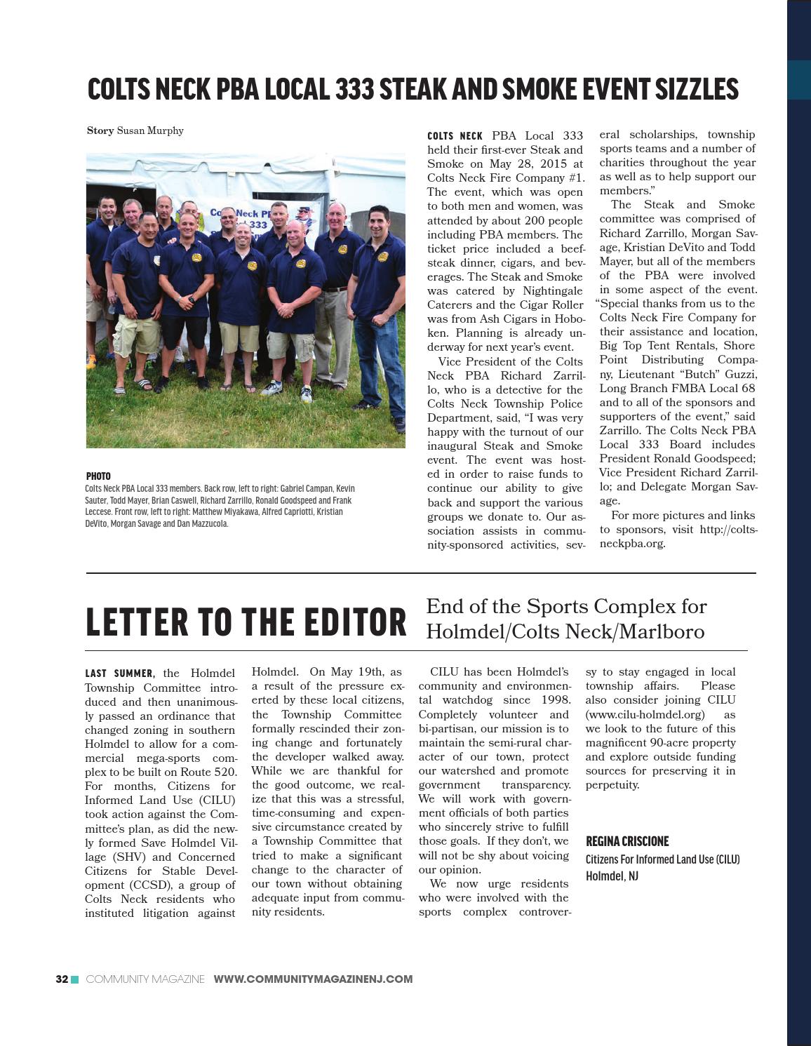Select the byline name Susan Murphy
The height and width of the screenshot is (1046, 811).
pos(150,130)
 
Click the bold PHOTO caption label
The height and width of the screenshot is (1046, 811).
pos(98,476)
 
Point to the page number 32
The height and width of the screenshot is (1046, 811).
pos(62,979)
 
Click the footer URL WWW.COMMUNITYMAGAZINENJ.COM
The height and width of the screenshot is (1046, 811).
pos(313,979)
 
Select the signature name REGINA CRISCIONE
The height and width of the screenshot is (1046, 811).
pos(627,841)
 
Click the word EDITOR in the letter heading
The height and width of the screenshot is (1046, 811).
pos(342,622)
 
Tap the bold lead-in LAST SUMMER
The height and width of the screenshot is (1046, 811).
pos(119,673)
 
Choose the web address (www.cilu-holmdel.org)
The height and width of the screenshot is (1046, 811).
pos(645,714)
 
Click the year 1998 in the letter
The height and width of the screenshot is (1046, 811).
pos(555,700)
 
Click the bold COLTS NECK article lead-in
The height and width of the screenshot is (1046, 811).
pos(455,136)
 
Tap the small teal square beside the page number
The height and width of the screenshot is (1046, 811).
pos(75,979)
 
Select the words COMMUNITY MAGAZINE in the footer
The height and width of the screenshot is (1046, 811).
pos(145,979)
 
